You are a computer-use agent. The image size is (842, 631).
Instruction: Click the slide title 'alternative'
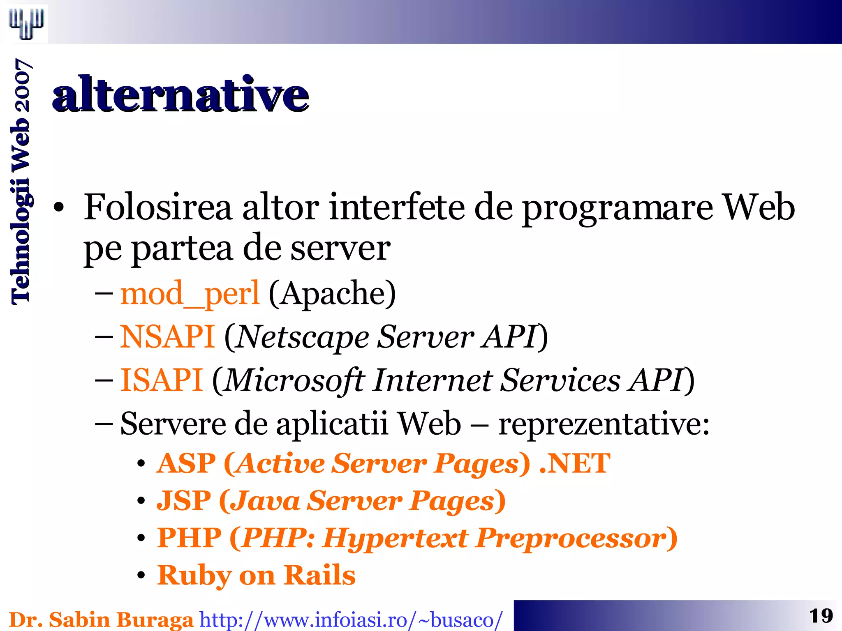(180, 95)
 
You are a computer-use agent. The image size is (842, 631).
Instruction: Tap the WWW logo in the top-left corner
(26, 23)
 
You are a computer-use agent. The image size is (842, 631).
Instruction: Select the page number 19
(821, 616)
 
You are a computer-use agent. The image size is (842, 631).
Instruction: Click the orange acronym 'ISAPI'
(162, 380)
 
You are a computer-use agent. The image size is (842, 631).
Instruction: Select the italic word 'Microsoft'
(294, 380)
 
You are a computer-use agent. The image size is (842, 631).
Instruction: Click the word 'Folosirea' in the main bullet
(158, 208)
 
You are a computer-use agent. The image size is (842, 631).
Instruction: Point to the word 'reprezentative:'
(604, 424)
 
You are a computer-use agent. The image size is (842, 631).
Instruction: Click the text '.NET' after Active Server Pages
(574, 463)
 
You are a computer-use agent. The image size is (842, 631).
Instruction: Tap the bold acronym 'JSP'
(184, 501)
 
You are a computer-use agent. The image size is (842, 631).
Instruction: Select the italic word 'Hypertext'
(395, 538)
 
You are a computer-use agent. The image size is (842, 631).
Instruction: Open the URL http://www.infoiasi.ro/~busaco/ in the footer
(351, 619)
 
